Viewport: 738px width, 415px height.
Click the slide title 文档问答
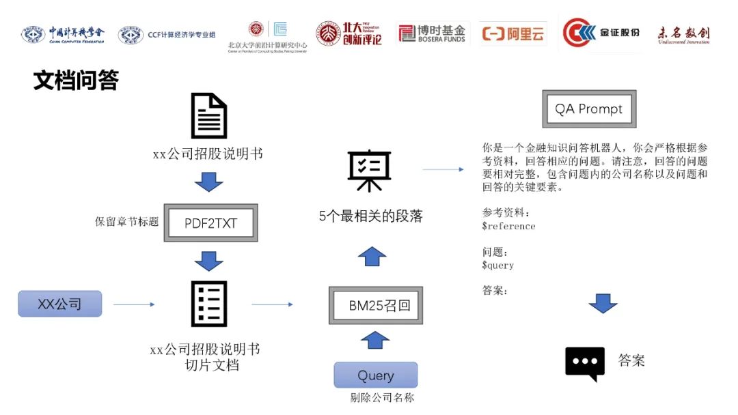tap(76, 81)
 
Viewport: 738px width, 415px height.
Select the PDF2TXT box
tap(210, 223)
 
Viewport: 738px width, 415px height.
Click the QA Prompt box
tap(588, 109)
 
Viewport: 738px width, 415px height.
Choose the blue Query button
tap(375, 375)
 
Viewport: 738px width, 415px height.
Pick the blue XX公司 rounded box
tap(59, 304)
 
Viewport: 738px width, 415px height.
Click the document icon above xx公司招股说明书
tap(208, 116)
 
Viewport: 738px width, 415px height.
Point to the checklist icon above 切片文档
tap(208, 304)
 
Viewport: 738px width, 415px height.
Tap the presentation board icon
tap(369, 171)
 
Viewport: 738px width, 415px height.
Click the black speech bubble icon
tap(585, 363)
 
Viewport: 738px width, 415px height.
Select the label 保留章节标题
tap(126, 222)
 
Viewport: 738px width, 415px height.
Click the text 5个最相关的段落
tap(371, 216)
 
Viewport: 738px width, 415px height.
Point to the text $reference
tap(508, 226)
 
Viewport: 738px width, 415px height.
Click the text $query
tap(497, 265)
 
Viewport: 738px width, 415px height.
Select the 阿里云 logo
tap(512, 33)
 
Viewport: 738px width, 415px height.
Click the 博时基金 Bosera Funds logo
tap(432, 33)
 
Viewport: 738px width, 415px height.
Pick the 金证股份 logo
tap(601, 33)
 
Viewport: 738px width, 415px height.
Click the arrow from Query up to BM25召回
tap(374, 339)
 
